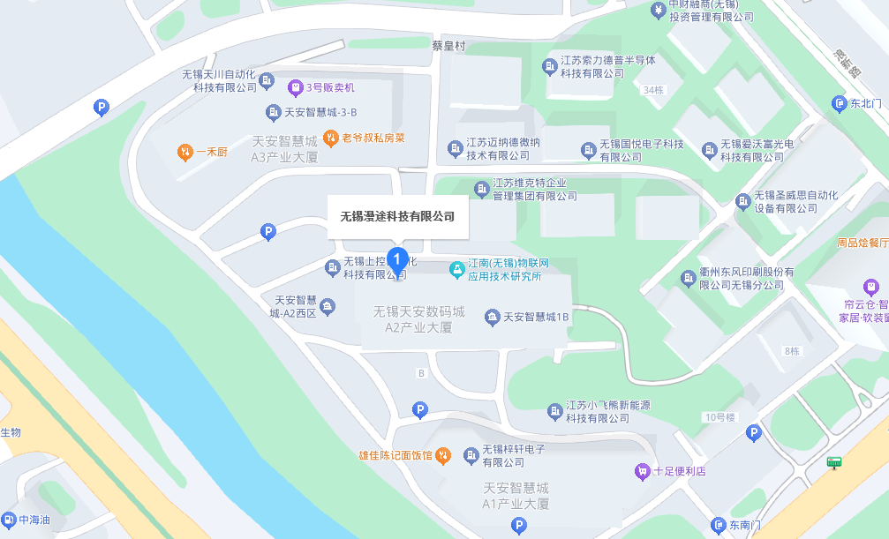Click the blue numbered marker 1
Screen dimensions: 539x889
[398, 259]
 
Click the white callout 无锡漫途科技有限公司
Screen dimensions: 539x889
[397, 216]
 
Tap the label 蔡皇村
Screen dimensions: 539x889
[448, 46]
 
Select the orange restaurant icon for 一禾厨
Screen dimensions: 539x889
[185, 151]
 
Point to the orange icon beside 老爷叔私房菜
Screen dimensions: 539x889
[330, 137]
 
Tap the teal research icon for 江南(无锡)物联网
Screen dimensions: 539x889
[456, 269]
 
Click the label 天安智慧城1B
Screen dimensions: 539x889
[537, 316]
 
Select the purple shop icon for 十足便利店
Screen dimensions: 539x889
[642, 471]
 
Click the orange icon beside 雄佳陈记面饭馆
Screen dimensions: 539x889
[444, 455]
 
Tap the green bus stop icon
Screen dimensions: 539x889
[832, 462]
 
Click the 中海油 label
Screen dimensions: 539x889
[34, 520]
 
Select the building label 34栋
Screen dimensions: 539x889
[653, 90]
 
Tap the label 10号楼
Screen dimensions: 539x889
[719, 416]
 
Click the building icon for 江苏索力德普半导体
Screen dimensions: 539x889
[547, 66]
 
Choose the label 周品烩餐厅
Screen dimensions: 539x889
[862, 242]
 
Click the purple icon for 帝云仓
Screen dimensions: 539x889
[871, 287]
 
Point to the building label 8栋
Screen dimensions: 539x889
[790, 351]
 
